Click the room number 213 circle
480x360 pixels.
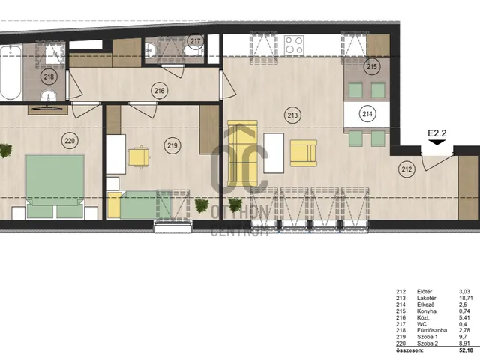pyautogui.click(x=292, y=115)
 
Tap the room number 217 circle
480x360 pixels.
pyautogui.click(x=195, y=41)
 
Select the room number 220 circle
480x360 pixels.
pyautogui.click(x=70, y=141)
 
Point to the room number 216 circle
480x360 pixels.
pyautogui.click(x=159, y=91)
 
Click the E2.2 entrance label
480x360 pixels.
pyautogui.click(x=436, y=133)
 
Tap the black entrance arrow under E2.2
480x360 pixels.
pyautogui.click(x=436, y=142)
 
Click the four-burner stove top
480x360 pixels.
pyautogui.click(x=294, y=45)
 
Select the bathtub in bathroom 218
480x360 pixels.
pyautogui.click(x=10, y=72)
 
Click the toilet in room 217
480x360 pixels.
pyautogui.click(x=192, y=51)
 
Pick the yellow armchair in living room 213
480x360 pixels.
pyautogui.click(x=303, y=153)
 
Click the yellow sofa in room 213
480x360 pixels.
pyautogui.click(x=242, y=153)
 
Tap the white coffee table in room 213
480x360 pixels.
pyautogui.click(x=274, y=153)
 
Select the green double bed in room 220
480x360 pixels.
pyautogui.click(x=55, y=186)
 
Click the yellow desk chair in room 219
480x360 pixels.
pyautogui.click(x=139, y=157)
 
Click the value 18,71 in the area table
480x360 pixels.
pyautogui.click(x=464, y=298)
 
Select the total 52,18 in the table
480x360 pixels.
pyautogui.click(x=465, y=350)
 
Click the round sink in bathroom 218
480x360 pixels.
pyautogui.click(x=49, y=95)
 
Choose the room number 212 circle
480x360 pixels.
pyautogui.click(x=406, y=169)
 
